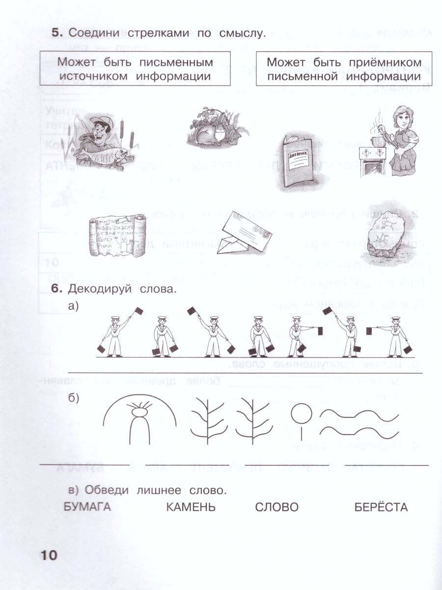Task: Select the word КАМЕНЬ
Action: click(x=191, y=507)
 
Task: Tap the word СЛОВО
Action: click(x=277, y=507)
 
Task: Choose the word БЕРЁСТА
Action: click(x=381, y=507)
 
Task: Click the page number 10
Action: click(x=47, y=556)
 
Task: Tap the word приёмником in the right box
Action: click(x=386, y=63)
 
